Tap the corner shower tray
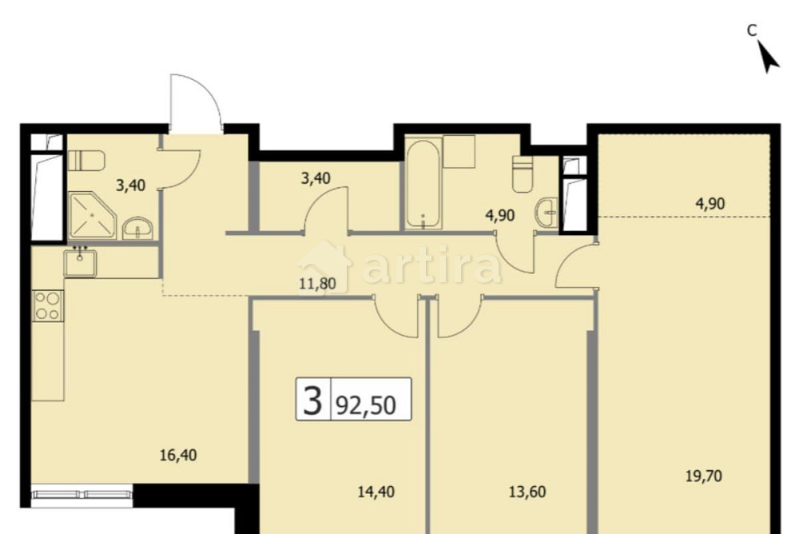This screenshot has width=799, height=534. tap(90, 214)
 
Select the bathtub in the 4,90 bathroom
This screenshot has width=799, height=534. tap(421, 185)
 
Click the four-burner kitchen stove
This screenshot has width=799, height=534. tap(47, 305)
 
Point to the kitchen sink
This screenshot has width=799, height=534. tap(81, 262)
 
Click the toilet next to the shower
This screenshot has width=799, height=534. tap(87, 161)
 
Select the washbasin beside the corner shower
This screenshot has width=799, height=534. tap(140, 228)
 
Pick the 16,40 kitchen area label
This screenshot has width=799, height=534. tap(177, 456)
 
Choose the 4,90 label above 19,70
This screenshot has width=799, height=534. tap(710, 203)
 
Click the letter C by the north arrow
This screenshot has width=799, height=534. tap(752, 30)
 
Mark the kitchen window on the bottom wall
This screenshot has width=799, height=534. tap(82, 493)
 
